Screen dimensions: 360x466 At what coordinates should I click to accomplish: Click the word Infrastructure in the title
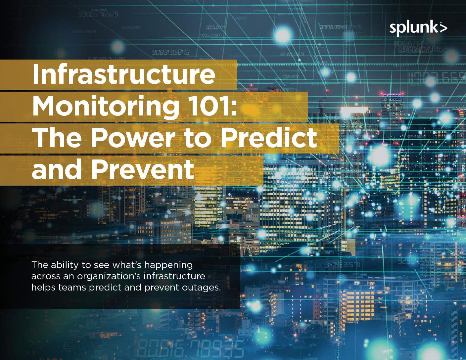[x=124, y=74]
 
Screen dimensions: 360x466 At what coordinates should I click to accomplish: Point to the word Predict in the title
[x=269, y=138]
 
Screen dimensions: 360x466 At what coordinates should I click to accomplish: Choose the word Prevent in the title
[x=143, y=169]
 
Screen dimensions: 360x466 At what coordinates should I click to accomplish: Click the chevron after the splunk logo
[x=443, y=28]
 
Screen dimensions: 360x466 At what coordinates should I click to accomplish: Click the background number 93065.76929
[x=98, y=14]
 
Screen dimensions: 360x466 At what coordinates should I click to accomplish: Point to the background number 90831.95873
[x=171, y=52]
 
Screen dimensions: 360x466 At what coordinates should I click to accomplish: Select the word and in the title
[x=57, y=169]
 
